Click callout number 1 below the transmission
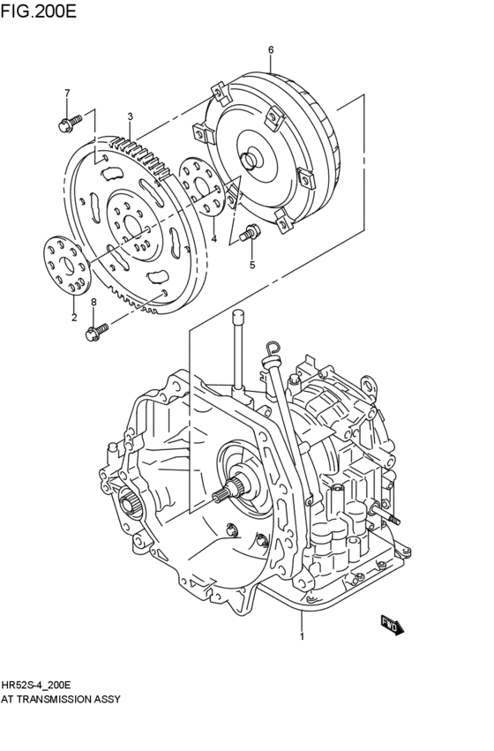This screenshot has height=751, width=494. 303,635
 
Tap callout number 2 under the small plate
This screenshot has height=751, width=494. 73,317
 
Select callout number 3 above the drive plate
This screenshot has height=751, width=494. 130,116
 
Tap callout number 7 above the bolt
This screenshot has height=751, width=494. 66,93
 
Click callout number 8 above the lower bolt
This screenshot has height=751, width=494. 94,302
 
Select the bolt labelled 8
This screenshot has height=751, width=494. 95,332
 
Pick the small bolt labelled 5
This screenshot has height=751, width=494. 250,234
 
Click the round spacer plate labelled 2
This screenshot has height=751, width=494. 67,265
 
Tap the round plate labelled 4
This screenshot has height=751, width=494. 202,186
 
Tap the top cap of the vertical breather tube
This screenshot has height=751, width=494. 237,316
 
